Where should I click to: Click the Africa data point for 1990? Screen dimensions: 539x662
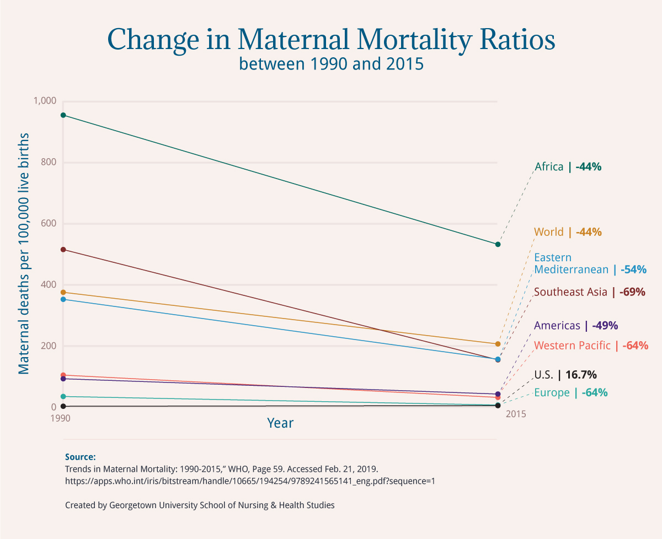(x=63, y=115)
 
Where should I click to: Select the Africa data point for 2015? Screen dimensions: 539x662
(x=498, y=244)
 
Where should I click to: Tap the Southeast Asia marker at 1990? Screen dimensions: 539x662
(x=63, y=250)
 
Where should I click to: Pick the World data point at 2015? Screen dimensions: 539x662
(x=498, y=344)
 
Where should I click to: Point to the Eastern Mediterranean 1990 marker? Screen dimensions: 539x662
(x=63, y=299)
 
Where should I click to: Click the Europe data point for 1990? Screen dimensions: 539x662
(x=63, y=397)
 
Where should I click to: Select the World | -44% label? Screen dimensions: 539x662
(x=568, y=232)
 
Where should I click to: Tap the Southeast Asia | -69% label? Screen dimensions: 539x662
(x=589, y=292)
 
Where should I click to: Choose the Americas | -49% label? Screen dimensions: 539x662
(x=576, y=326)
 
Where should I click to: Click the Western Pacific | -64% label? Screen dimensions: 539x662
(x=591, y=346)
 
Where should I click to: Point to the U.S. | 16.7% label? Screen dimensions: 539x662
(x=565, y=375)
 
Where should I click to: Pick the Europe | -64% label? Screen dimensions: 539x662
(x=570, y=393)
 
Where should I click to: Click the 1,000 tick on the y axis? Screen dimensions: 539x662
(x=45, y=101)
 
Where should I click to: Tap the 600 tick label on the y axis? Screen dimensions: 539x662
(x=49, y=224)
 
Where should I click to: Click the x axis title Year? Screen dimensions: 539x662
(x=280, y=423)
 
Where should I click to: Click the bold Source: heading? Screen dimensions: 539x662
(x=81, y=457)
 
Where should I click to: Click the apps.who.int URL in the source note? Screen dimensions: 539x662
(x=250, y=481)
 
